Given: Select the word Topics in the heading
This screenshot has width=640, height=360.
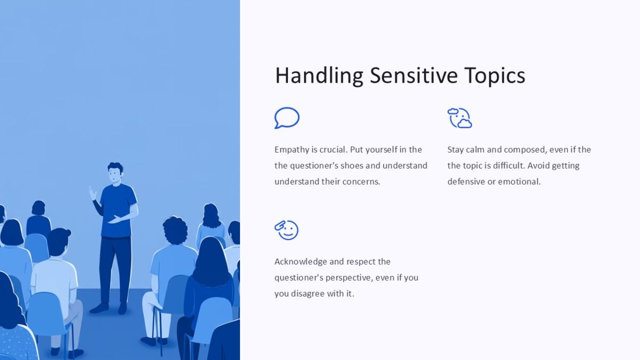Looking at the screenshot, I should [x=494, y=76].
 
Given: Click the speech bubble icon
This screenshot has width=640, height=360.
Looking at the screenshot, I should [x=287, y=118].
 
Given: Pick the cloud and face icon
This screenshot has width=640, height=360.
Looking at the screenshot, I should [x=460, y=118].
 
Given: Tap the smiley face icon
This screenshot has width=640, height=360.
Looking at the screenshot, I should [x=287, y=230].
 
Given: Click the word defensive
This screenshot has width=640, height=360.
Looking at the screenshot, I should [x=468, y=181].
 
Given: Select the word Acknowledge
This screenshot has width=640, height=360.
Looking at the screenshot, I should [x=300, y=262].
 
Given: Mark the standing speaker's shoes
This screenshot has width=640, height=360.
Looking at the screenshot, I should [x=109, y=308].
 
